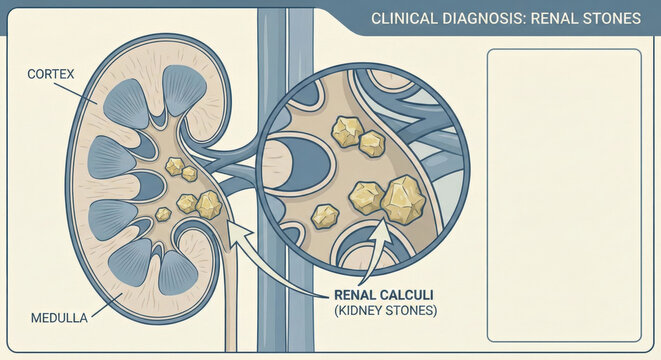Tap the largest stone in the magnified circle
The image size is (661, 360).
click(403, 199)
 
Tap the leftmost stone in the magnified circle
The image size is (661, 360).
click(325, 215)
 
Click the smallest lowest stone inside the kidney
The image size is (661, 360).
click(163, 214)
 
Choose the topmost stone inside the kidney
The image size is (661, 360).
click(175, 166)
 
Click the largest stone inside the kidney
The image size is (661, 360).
click(208, 204)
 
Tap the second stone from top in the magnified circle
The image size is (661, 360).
click(372, 144)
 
